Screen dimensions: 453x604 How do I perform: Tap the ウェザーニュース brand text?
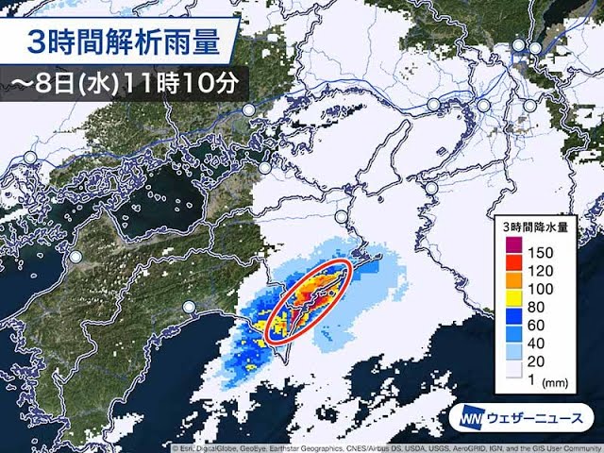coord(538,417)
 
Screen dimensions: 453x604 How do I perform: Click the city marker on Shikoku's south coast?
coord(190,308)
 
